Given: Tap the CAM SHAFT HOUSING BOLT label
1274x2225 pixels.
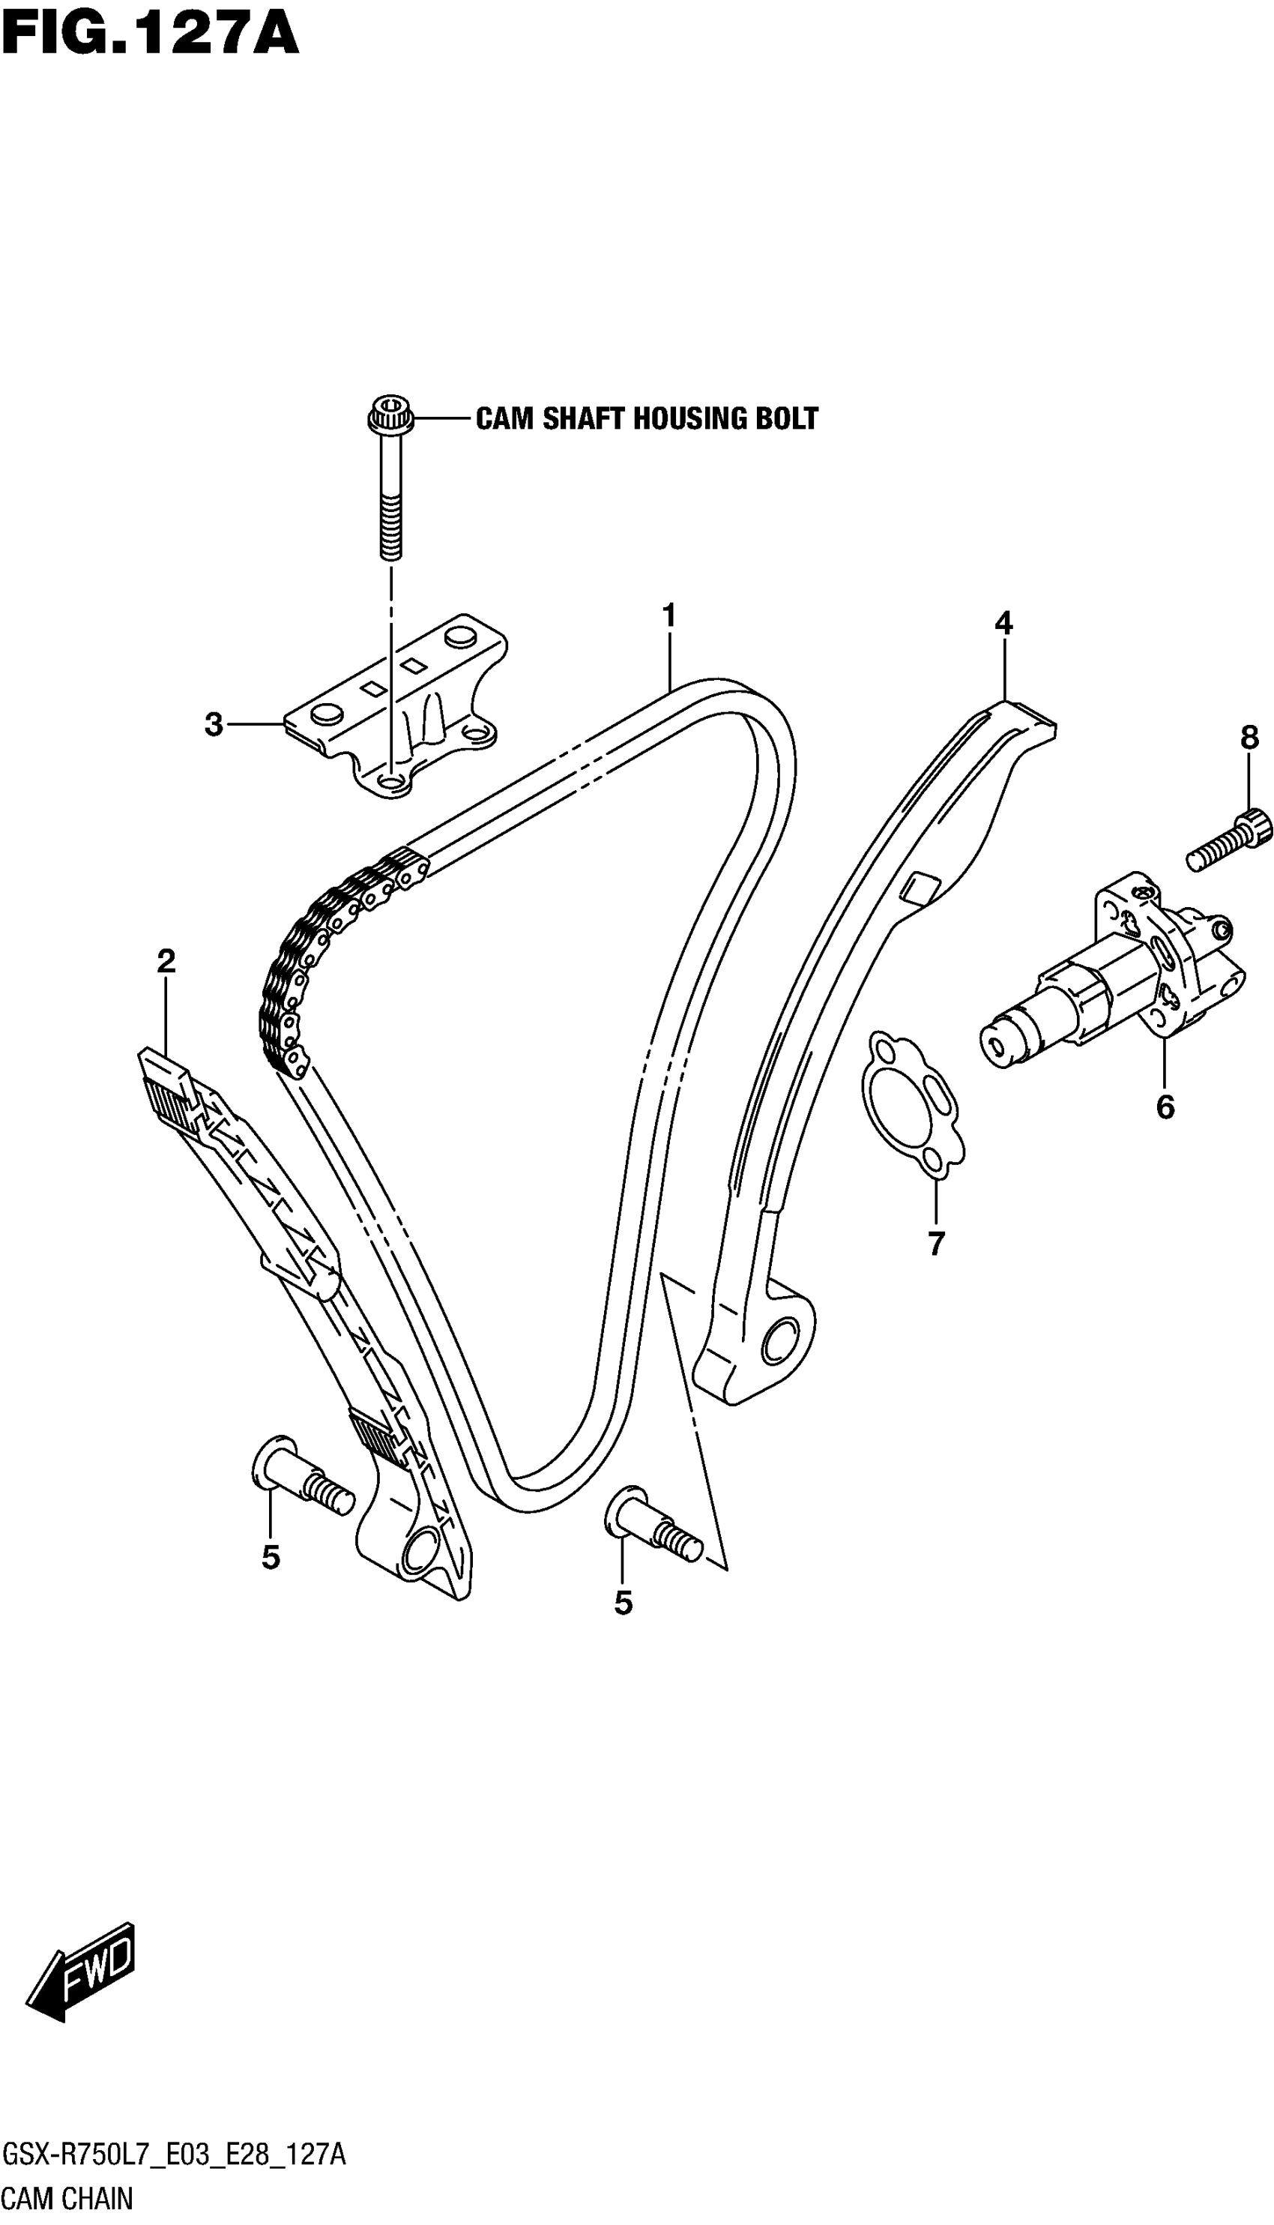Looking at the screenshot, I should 647,418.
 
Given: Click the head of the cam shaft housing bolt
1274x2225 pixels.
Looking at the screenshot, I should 385,412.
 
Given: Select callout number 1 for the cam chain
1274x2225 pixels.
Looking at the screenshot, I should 668,617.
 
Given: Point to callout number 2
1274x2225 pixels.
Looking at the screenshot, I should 166,961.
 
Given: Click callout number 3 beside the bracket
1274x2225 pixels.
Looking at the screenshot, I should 214,725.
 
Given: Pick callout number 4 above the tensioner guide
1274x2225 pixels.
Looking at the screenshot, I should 1003,624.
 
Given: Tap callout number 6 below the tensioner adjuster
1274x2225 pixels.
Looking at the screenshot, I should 1165,1107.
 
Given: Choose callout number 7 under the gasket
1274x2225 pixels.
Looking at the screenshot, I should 936,1243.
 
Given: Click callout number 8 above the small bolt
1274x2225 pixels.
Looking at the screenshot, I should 1249,738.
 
